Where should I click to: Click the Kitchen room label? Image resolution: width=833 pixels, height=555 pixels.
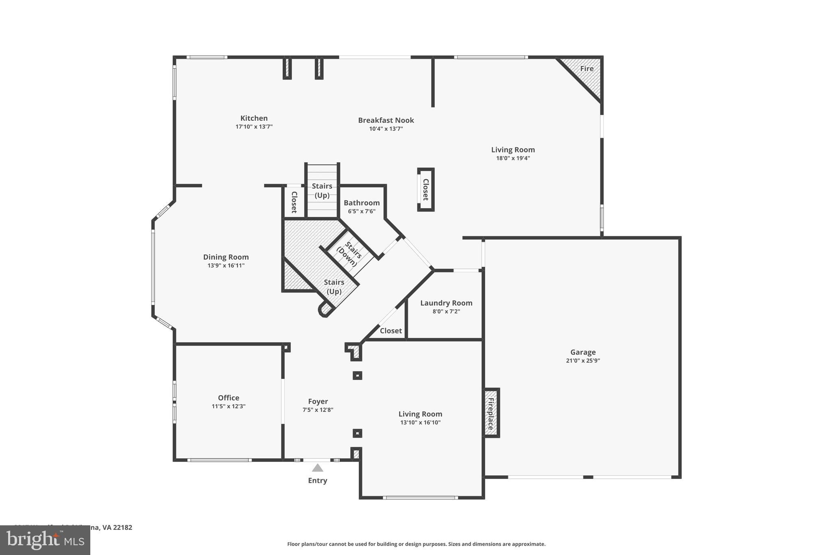[x=254, y=118]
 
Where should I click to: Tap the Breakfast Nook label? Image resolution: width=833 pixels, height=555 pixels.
[x=386, y=120]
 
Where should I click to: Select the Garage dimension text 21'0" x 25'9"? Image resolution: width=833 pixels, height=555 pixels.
[x=583, y=361]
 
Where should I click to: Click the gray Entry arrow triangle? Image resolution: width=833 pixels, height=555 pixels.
[x=317, y=468]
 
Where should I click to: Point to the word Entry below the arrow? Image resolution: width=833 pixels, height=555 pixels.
[x=317, y=481]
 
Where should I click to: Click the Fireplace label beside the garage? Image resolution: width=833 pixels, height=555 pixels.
[x=491, y=414]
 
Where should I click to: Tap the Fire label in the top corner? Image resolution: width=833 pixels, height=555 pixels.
[x=587, y=69]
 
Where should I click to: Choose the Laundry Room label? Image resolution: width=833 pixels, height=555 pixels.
[x=446, y=303]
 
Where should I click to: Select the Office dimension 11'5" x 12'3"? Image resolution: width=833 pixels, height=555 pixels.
[x=229, y=406]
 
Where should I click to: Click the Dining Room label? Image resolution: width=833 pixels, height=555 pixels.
[x=226, y=257]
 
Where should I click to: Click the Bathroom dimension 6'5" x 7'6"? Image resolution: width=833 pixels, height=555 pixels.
[x=362, y=211]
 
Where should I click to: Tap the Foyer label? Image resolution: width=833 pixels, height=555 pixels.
[x=318, y=401]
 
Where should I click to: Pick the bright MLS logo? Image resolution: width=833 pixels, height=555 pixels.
[x=45, y=540]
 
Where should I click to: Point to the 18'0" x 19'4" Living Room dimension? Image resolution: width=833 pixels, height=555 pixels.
[x=513, y=159]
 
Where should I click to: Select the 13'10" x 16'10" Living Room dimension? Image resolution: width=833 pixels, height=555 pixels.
[x=420, y=422]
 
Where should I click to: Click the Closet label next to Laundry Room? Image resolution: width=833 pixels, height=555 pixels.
[x=390, y=331]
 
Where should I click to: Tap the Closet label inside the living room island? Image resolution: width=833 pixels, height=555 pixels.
[x=426, y=189]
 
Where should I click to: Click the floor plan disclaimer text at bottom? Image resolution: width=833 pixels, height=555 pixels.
[x=416, y=544]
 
